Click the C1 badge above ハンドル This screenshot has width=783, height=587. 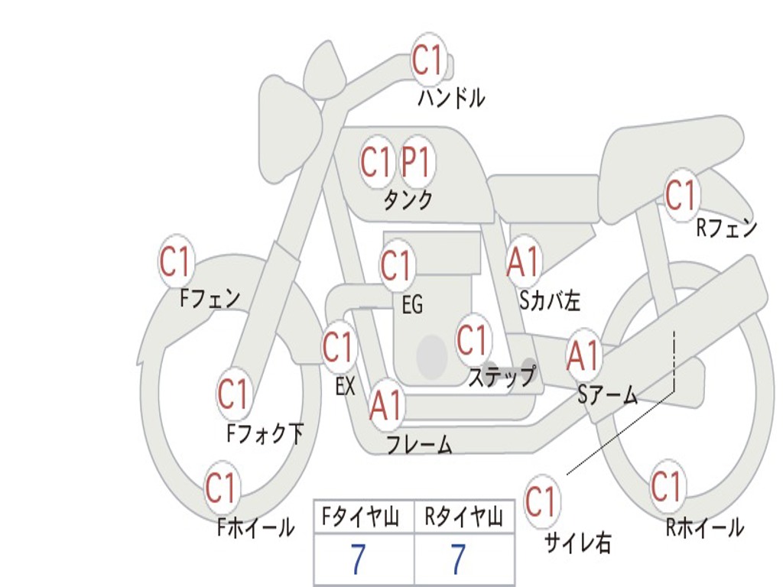(x=428, y=59)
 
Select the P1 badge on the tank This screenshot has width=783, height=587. (x=417, y=162)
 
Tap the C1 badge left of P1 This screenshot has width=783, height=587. (x=375, y=162)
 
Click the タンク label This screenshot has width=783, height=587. (x=408, y=200)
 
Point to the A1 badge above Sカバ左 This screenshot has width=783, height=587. (x=524, y=261)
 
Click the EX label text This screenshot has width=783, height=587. (x=346, y=386)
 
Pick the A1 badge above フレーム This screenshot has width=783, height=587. (x=385, y=406)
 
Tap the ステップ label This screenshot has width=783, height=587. (x=502, y=376)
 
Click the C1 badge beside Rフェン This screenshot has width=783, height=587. (x=681, y=195)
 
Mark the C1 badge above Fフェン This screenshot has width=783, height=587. (x=176, y=261)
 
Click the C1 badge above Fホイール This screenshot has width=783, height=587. (x=221, y=488)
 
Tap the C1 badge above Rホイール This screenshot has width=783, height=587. (x=666, y=486)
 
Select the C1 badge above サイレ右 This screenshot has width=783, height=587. (x=541, y=501)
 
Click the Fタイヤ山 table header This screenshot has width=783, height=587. (x=362, y=519)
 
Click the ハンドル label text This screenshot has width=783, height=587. (x=451, y=98)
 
